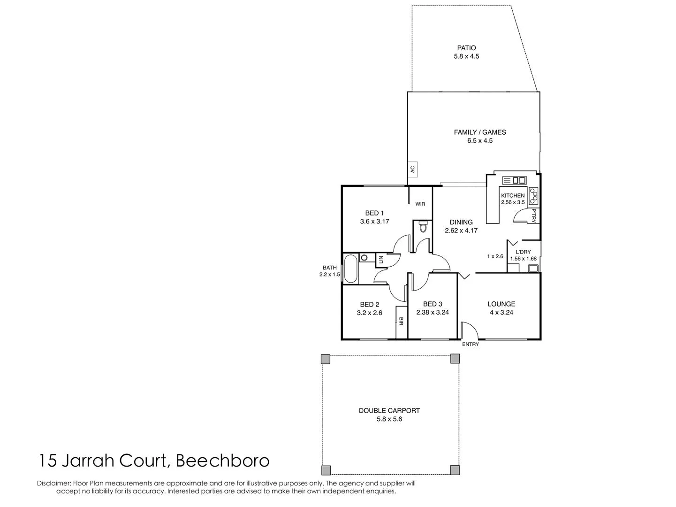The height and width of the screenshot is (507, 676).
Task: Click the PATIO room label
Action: pyautogui.click(x=466, y=48)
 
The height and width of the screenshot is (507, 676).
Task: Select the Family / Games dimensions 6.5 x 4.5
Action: pyautogui.click(x=479, y=140)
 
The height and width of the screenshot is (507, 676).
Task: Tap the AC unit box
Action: pyautogui.click(x=413, y=169)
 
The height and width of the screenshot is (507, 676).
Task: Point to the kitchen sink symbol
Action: pyautogui.click(x=515, y=180)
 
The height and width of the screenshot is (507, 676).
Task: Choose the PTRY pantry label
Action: pyautogui.click(x=534, y=215)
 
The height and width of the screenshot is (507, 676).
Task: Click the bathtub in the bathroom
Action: pyautogui.click(x=350, y=269)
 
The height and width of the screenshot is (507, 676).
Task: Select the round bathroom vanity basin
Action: pyautogui.click(x=364, y=258)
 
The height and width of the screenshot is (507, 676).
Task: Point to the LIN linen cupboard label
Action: pyautogui.click(x=381, y=259)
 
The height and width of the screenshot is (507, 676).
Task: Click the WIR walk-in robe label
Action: pyautogui.click(x=420, y=204)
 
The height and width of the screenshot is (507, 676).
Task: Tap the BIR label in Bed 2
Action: pyautogui.click(x=401, y=322)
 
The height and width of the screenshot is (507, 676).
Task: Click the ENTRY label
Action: pyautogui.click(x=471, y=344)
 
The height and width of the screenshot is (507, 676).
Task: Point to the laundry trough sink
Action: pyautogui.click(x=532, y=269)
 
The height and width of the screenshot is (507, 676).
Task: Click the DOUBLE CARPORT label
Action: pyautogui.click(x=389, y=410)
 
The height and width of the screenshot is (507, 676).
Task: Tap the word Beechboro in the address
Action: pyautogui.click(x=222, y=461)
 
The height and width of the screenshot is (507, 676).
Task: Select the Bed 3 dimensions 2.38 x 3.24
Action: pyautogui.click(x=433, y=312)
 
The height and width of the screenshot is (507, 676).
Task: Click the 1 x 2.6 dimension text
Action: pyautogui.click(x=495, y=256)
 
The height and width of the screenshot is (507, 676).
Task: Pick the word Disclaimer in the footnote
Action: pyautogui.click(x=54, y=483)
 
